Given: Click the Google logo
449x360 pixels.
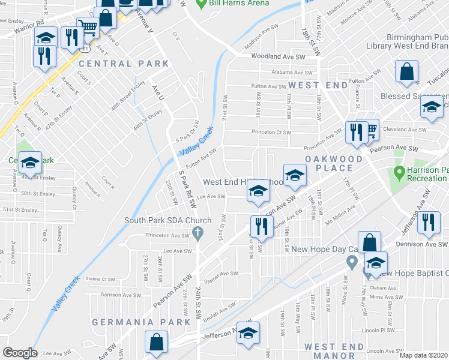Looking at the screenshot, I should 20,352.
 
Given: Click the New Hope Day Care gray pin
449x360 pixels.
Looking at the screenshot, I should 352,262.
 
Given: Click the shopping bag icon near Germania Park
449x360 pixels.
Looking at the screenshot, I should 156,343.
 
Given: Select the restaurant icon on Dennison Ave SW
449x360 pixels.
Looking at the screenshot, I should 427,221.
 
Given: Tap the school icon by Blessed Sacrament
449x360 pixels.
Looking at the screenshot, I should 430,107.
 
